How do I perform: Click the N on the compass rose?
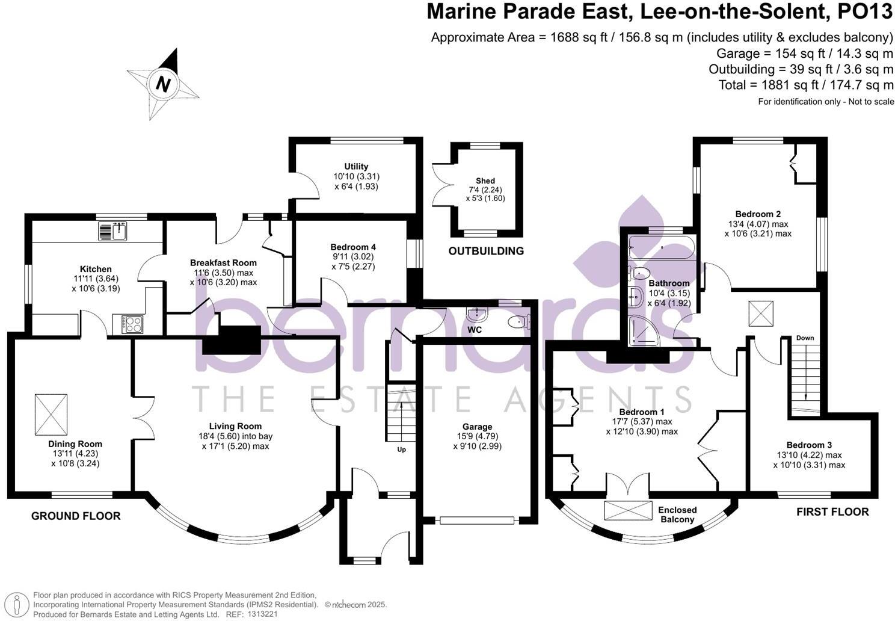(163, 84)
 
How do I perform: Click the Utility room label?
(356, 167)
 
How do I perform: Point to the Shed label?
(485, 181)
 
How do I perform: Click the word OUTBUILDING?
(486, 251)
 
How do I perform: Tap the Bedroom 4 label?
(353, 247)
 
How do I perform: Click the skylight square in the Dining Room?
(51, 415)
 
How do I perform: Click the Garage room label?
(477, 427)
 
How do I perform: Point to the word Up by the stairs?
(401, 450)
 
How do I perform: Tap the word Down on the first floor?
(805, 338)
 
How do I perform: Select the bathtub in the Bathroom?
(662, 247)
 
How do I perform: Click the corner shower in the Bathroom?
(642, 333)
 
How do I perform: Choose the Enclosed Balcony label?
(677, 514)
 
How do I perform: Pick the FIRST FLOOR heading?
(832, 512)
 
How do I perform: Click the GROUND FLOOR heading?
(76, 516)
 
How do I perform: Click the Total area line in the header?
(806, 85)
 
